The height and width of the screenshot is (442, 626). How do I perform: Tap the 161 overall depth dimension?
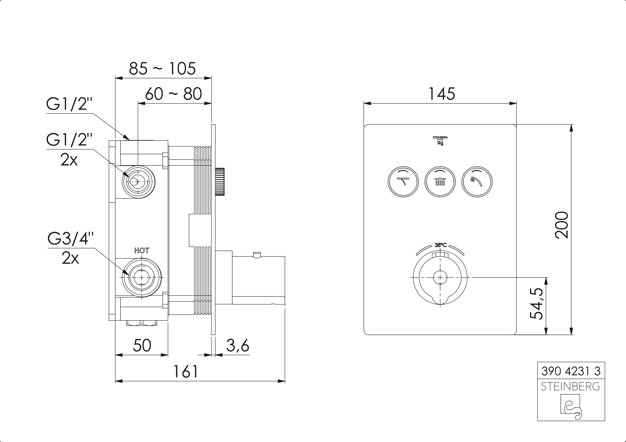pos(186,371)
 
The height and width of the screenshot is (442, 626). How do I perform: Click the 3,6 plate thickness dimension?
pos(238,346)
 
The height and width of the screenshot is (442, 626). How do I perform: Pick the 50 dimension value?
pos(142,346)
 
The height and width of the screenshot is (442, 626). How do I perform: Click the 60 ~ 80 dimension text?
pos(174,94)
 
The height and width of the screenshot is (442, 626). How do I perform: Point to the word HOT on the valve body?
pos(142,250)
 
